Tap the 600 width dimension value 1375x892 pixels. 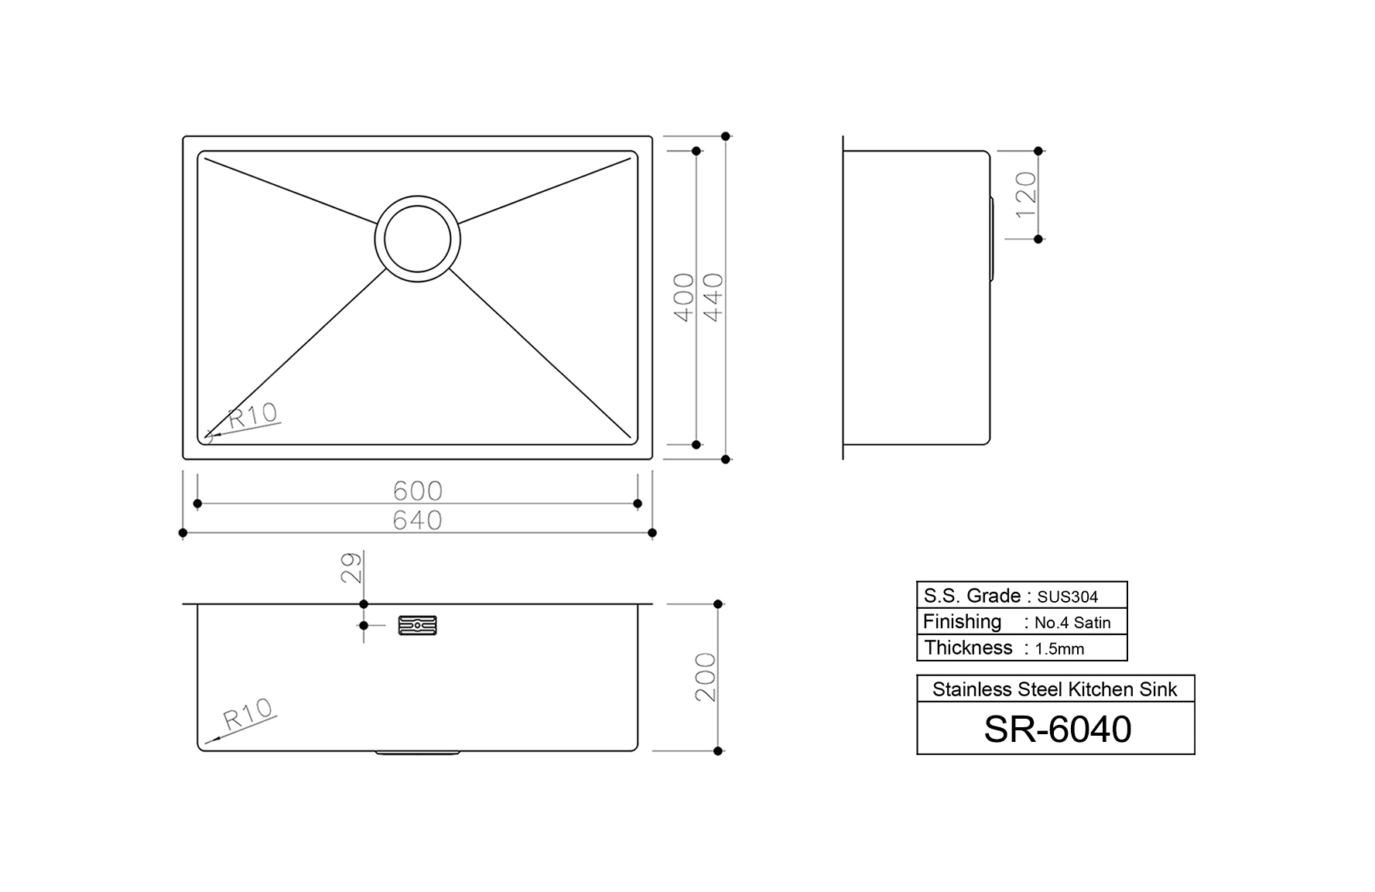point(418,490)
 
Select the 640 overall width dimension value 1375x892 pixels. point(418,520)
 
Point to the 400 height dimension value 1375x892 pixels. point(684,298)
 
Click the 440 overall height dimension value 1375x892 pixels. point(713,298)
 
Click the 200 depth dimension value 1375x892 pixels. point(705,677)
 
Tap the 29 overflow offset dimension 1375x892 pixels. point(351,567)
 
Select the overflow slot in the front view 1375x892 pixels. point(417,625)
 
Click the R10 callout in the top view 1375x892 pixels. point(253,415)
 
